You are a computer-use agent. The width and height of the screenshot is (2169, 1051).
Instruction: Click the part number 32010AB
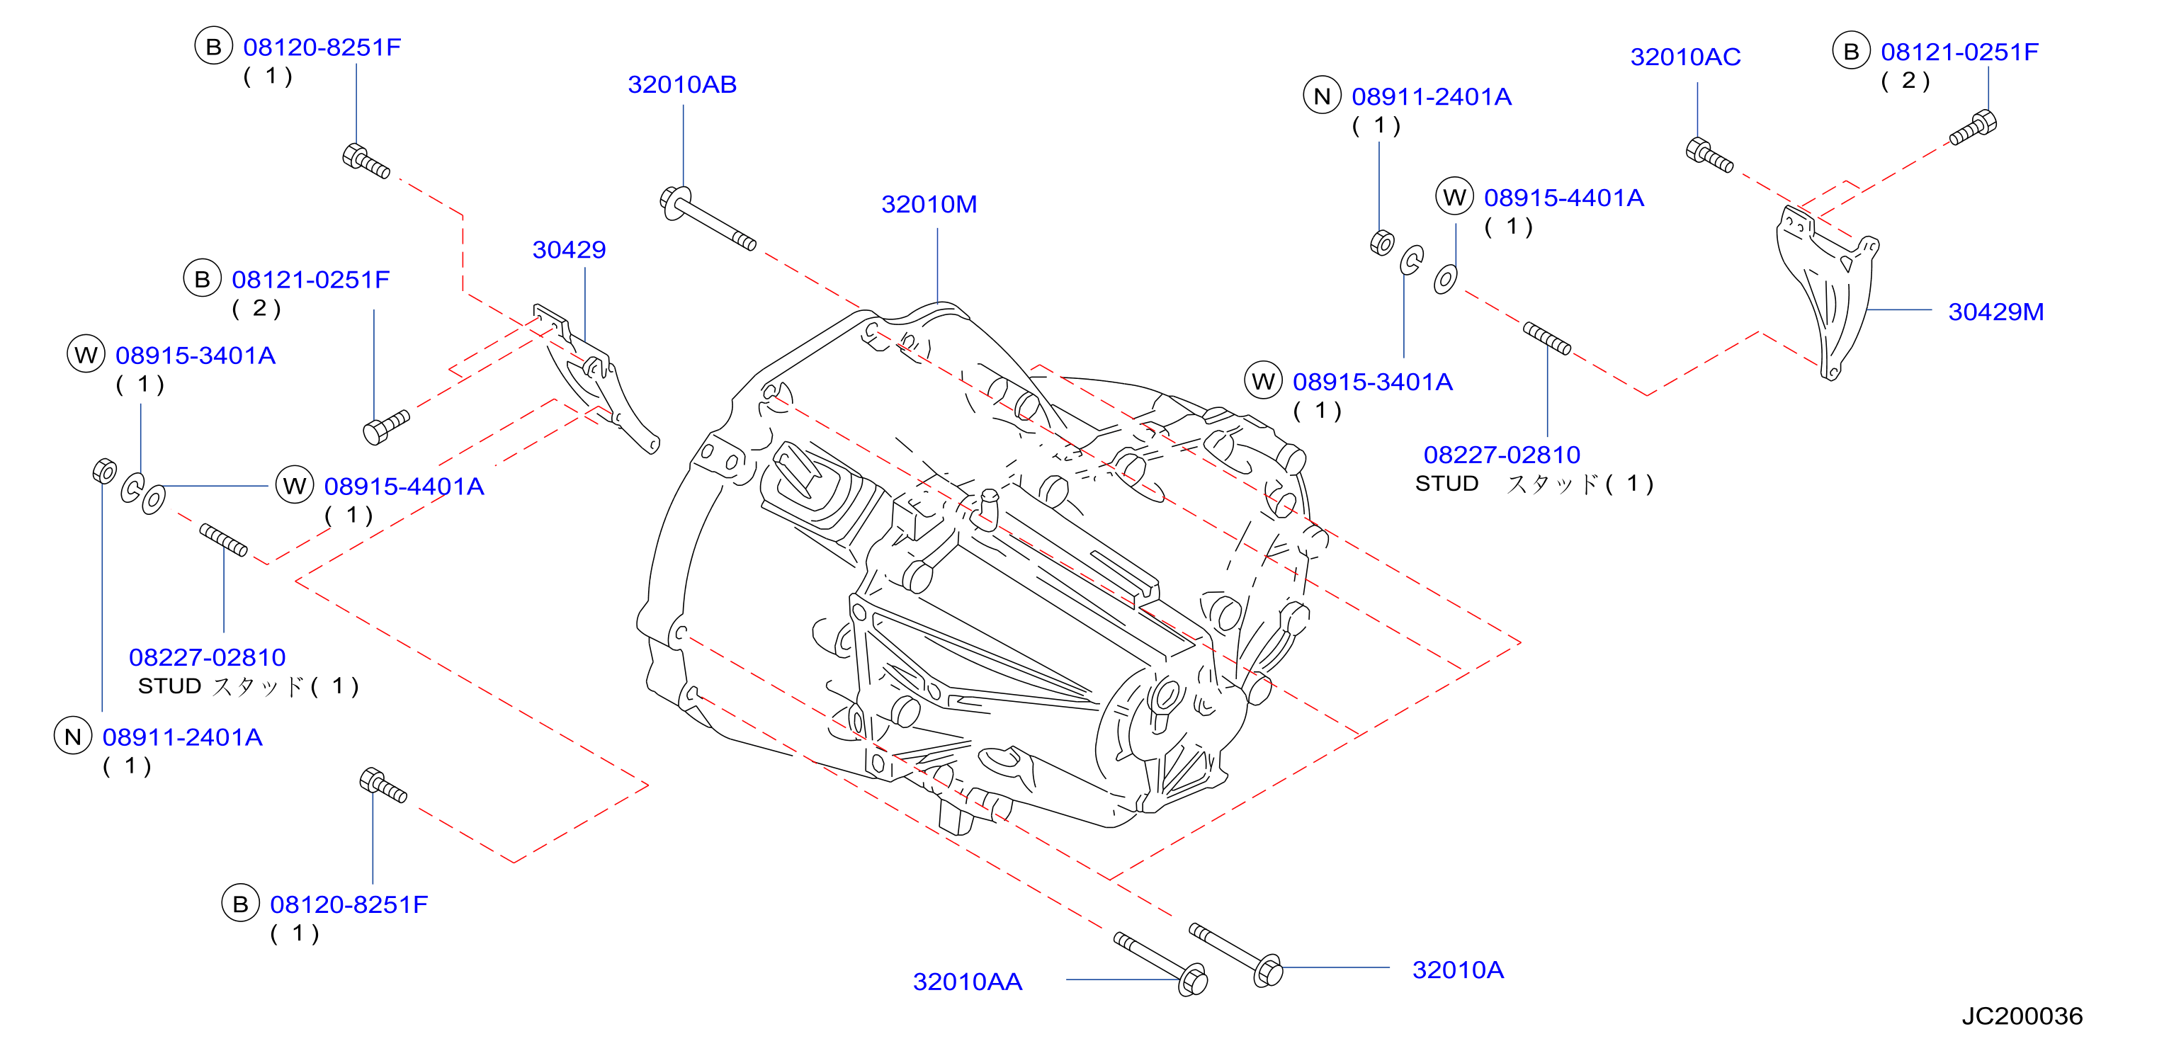682,84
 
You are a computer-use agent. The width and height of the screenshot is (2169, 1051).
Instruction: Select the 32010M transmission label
929,204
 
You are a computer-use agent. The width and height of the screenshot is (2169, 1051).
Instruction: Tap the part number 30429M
1995,312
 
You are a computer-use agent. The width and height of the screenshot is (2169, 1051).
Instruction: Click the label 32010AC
1685,57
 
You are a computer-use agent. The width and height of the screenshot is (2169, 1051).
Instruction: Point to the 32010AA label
968,981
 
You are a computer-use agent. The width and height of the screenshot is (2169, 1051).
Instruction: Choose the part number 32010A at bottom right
1458,970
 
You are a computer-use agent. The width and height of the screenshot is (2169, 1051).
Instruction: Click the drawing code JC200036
2022,1016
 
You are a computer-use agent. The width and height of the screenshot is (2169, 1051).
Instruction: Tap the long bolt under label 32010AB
707,218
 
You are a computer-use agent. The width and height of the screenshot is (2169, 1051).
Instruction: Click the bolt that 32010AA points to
1160,963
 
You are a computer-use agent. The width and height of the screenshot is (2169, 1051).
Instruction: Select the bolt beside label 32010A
1235,955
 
